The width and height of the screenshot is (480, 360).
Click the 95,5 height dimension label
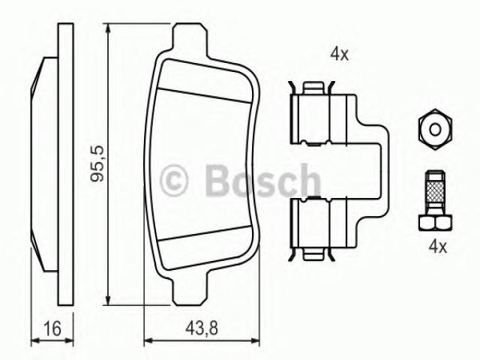click(x=97, y=163)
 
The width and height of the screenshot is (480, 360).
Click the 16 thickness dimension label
click(x=52, y=328)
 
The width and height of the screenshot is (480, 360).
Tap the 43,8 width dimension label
click(x=202, y=328)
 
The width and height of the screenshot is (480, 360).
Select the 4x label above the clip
click(x=339, y=55)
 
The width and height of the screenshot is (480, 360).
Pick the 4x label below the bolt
click(x=438, y=247)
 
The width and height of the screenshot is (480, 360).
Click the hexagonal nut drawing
click(x=435, y=129)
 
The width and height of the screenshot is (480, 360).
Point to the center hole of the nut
click(x=435, y=129)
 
